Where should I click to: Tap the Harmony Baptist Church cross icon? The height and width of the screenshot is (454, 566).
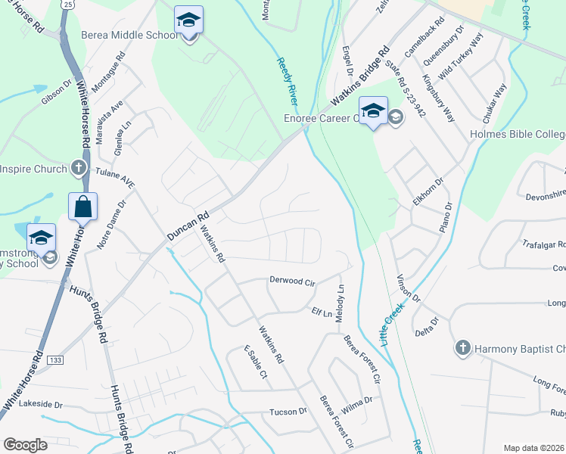click(462, 348)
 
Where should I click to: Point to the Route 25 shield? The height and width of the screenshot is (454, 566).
click(68, 5)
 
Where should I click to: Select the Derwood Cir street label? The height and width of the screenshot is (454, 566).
click(291, 281)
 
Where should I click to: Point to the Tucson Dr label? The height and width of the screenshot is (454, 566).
click(288, 412)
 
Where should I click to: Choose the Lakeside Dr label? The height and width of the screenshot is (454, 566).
click(41, 405)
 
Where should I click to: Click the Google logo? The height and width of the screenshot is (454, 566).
click(25, 445)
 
